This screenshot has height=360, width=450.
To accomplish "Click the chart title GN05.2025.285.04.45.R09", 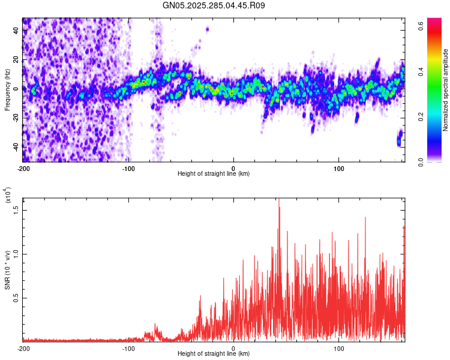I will point(214,5).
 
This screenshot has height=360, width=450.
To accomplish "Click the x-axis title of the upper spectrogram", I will point(214,174).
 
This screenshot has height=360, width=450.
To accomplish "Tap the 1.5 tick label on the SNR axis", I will point(16,209).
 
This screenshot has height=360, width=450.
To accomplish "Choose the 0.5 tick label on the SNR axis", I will point(16,298).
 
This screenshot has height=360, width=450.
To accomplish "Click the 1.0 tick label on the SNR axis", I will point(16,254).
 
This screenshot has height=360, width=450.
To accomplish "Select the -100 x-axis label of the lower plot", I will point(128,348).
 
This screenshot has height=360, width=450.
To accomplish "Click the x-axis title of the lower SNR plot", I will point(214,353).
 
